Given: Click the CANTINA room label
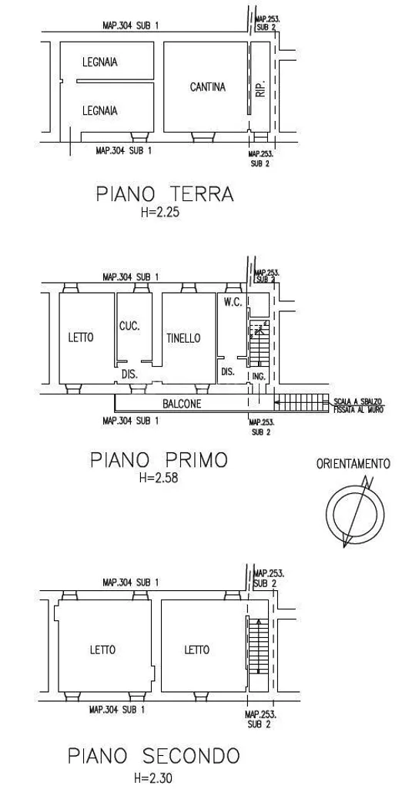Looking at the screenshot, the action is click(x=207, y=87).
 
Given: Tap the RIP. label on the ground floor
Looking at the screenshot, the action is click(x=260, y=89).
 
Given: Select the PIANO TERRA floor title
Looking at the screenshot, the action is click(x=165, y=193).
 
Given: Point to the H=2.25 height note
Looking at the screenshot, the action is click(x=160, y=213).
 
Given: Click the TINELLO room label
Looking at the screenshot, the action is click(x=183, y=338).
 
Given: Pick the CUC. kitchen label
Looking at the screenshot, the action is click(x=129, y=326).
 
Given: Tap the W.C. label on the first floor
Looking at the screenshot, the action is click(x=234, y=302).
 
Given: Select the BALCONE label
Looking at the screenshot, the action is click(x=182, y=404).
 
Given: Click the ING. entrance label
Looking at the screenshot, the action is click(x=259, y=376).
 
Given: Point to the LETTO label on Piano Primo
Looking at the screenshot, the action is click(x=81, y=337).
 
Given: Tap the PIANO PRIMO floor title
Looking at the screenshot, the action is click(x=159, y=459).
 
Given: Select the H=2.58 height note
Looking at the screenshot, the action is click(x=159, y=478).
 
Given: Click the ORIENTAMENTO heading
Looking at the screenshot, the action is click(x=353, y=463).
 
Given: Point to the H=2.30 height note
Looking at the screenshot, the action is click(x=153, y=778).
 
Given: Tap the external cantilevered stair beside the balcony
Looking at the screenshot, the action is click(x=302, y=402).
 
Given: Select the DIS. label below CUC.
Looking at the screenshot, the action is click(x=130, y=375).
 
